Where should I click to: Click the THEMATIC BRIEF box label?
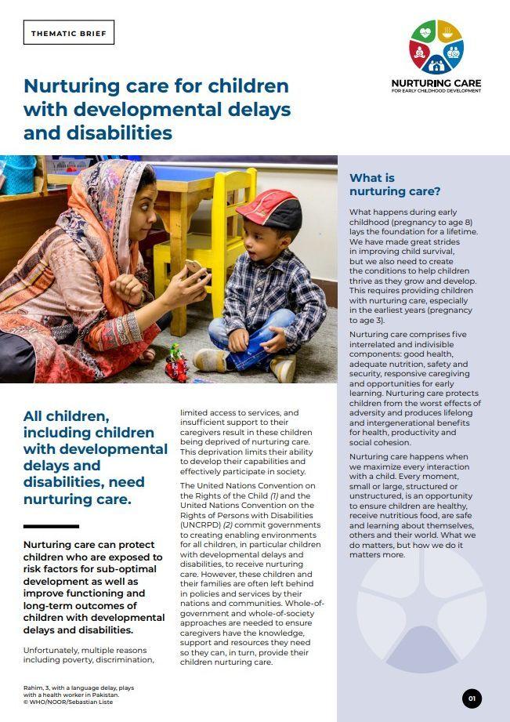(x=69, y=33)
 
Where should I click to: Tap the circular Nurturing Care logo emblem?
(x=436, y=47)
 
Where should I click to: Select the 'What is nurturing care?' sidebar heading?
(x=395, y=184)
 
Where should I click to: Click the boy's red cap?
(x=269, y=209)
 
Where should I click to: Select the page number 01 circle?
(x=472, y=698)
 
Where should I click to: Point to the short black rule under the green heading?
(x=51, y=526)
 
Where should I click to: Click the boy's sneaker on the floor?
(x=211, y=359)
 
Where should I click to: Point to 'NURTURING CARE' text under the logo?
(x=436, y=83)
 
